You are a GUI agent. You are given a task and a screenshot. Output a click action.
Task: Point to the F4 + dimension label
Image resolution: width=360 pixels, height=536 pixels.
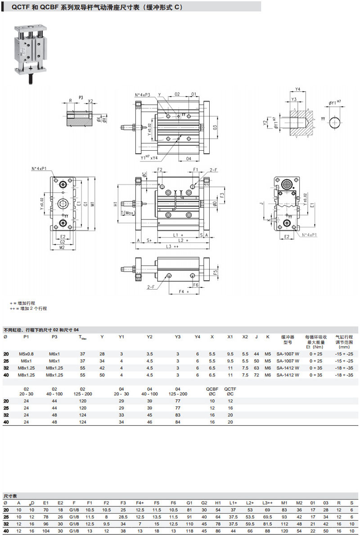(183, 292)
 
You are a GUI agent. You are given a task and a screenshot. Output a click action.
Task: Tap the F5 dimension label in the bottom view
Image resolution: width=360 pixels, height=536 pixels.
(216, 272)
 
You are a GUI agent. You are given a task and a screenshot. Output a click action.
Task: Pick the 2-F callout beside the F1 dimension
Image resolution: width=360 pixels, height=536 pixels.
(214, 170)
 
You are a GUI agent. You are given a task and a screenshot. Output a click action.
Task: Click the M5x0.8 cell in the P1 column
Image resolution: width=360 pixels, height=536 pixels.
(26, 353)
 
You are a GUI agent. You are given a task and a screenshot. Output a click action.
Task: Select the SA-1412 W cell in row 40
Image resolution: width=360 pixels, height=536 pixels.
(288, 375)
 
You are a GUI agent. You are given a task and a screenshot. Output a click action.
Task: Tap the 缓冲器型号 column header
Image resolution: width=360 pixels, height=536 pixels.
(288, 339)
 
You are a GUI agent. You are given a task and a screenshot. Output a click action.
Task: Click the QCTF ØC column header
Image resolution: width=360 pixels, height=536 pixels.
(230, 391)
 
